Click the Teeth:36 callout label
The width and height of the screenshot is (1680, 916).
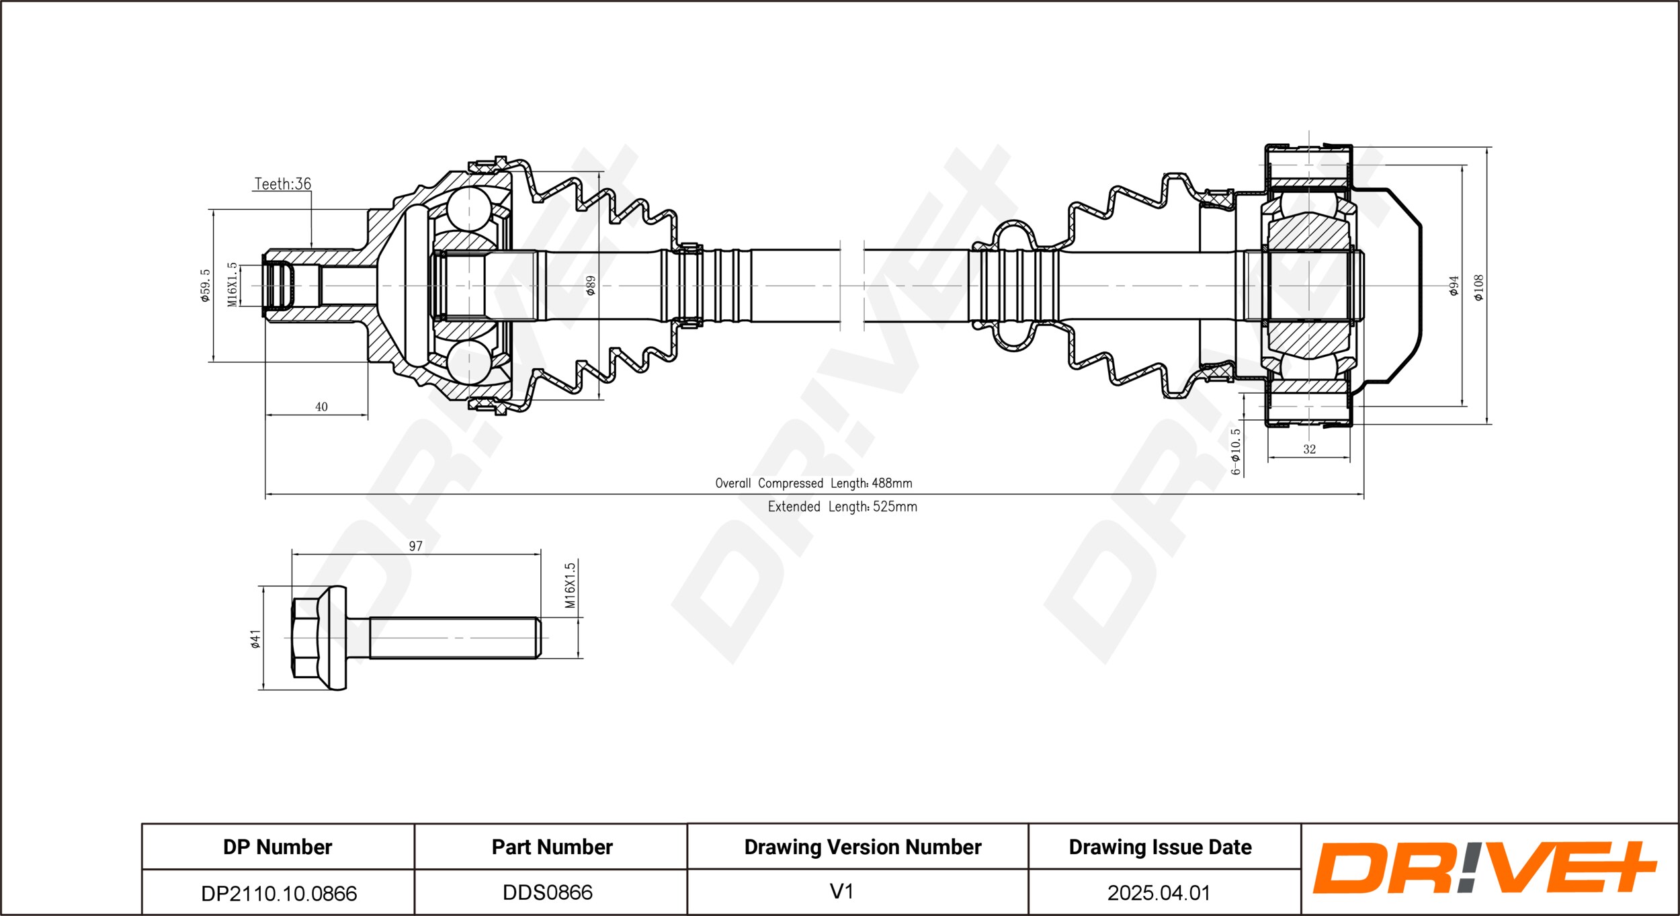point(283,183)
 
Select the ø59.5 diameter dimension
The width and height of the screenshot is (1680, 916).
point(205,286)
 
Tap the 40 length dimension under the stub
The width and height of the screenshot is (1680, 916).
point(321,407)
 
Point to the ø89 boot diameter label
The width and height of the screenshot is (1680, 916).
point(591,286)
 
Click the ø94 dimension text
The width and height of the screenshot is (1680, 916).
point(1454,286)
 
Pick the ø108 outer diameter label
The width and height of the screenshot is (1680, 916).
point(1478,287)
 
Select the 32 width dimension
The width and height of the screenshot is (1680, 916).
point(1309,449)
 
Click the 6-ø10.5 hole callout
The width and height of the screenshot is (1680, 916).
point(1235,452)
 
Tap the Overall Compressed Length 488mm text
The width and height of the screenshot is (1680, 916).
point(813,483)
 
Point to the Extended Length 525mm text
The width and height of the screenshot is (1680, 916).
point(842,507)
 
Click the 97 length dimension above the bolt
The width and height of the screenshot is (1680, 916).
point(416,546)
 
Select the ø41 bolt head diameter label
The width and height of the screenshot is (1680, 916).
point(255,638)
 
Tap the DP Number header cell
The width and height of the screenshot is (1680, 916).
point(278,847)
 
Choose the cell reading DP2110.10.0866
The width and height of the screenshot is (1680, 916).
point(278,892)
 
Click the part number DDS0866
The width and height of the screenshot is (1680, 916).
point(548,892)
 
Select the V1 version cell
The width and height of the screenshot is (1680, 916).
point(841,892)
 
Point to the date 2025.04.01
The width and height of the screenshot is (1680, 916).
point(1159,892)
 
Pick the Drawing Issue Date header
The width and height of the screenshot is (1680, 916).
point(1160,847)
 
